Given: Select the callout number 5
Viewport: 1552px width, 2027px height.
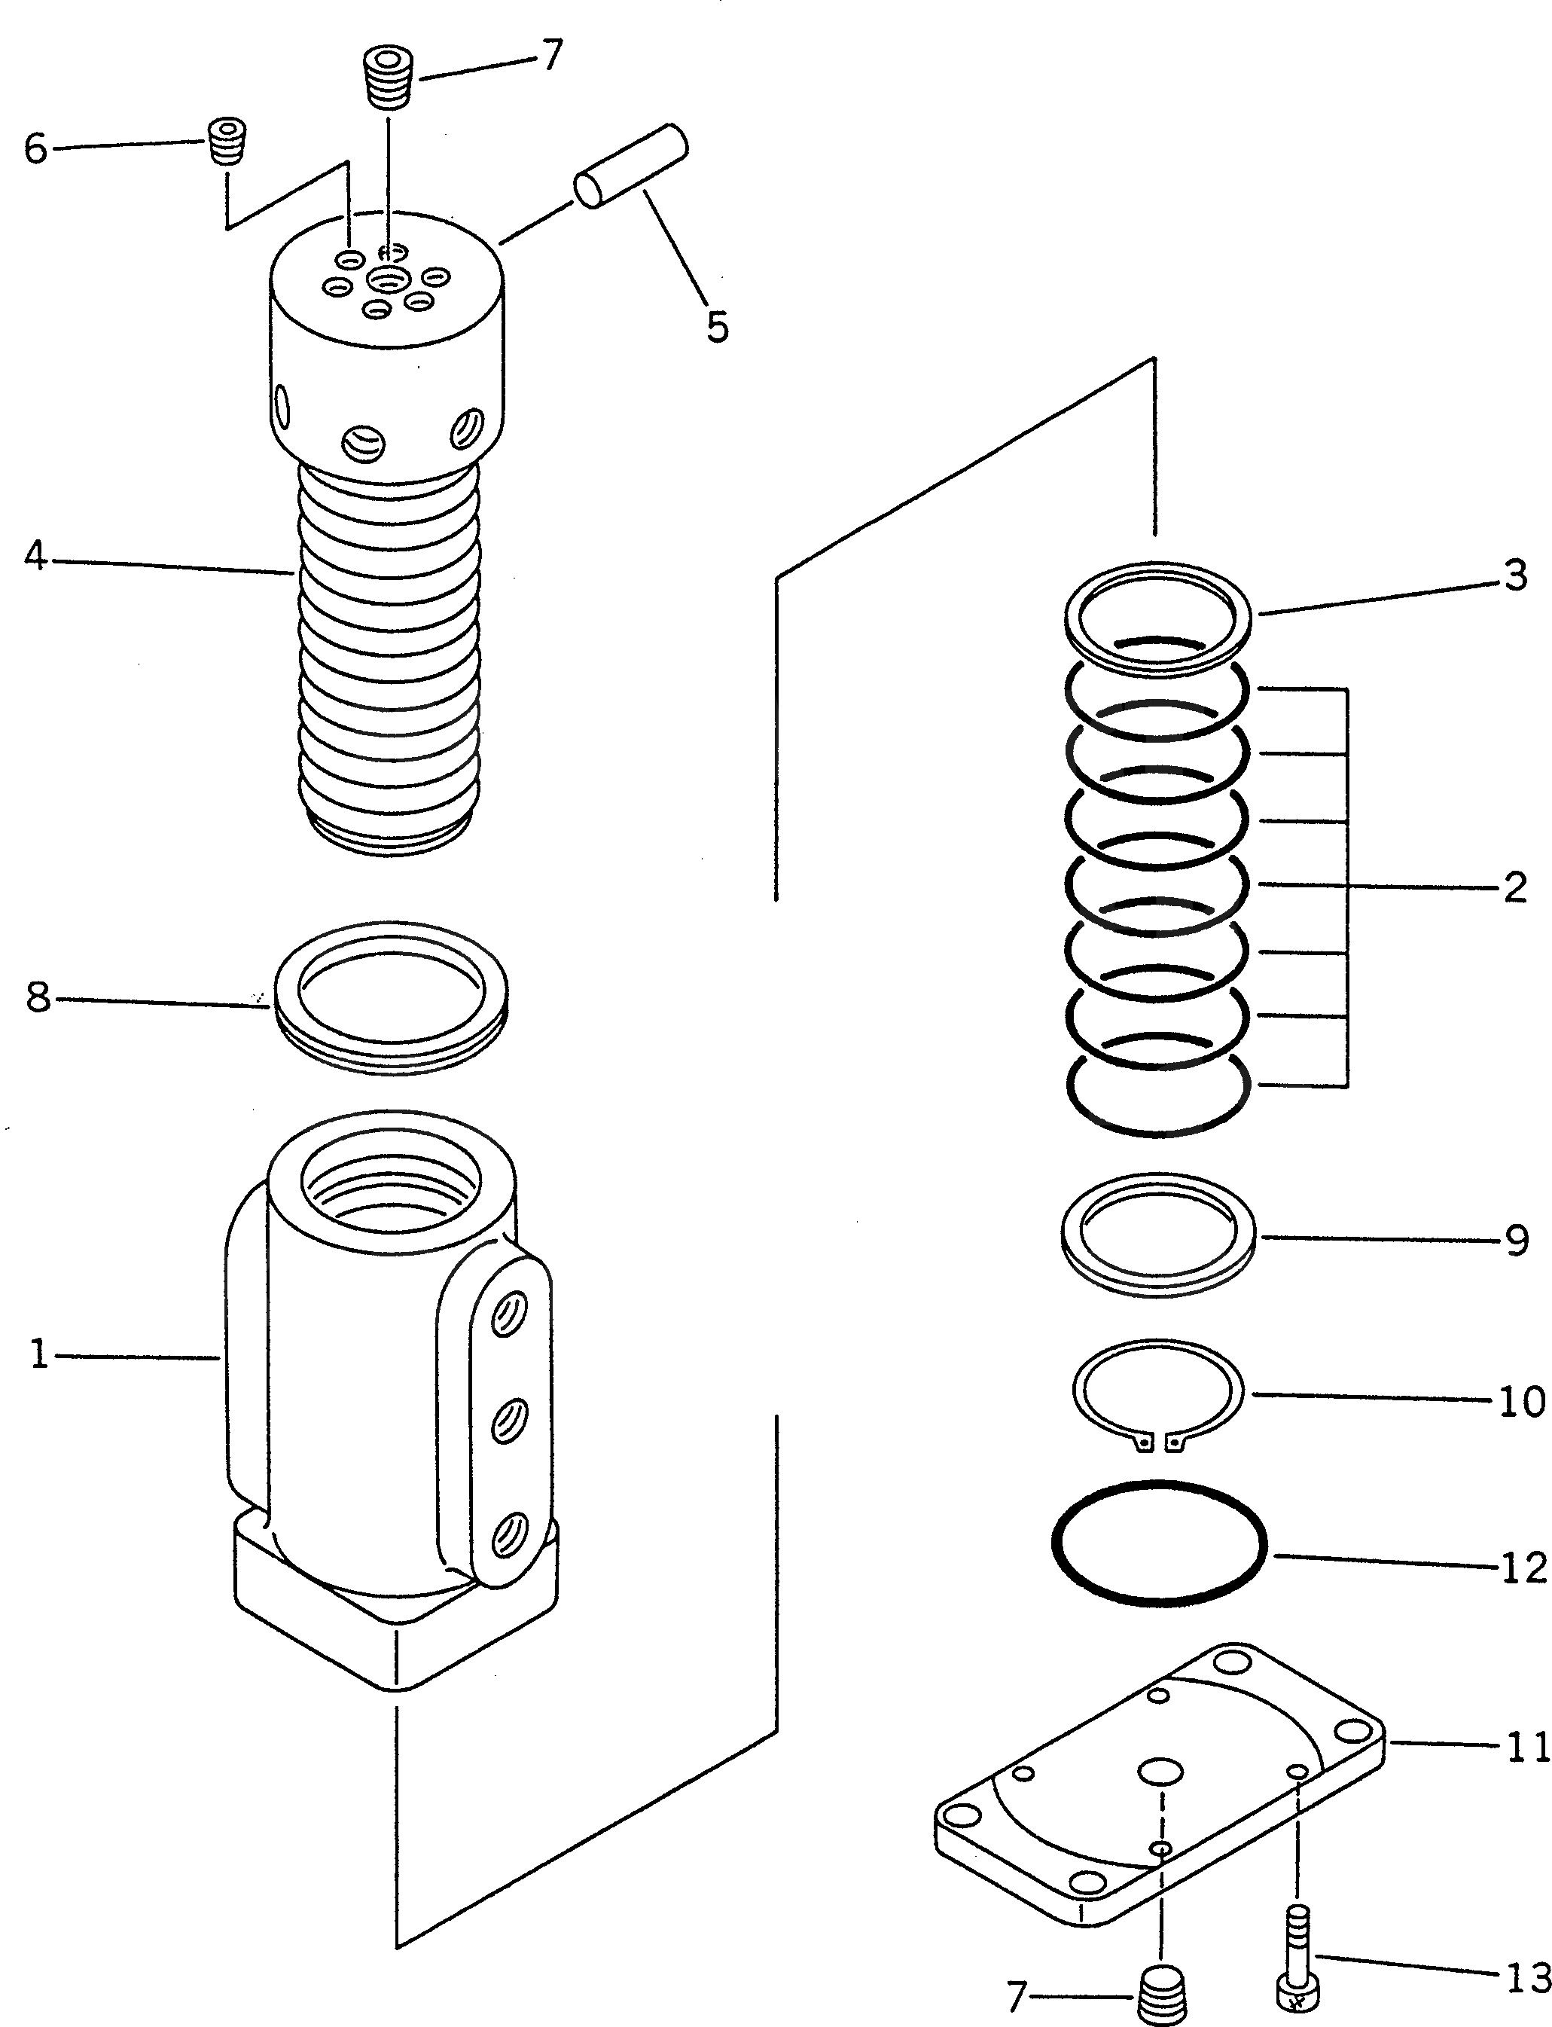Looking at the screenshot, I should [717, 327].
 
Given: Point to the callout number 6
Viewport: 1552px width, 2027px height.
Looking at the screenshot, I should [35, 148].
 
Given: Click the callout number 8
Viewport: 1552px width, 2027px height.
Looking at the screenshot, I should [38, 998].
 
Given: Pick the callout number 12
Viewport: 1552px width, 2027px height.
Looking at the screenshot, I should [1523, 1568].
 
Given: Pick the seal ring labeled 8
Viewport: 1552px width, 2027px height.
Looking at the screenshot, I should [391, 996].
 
